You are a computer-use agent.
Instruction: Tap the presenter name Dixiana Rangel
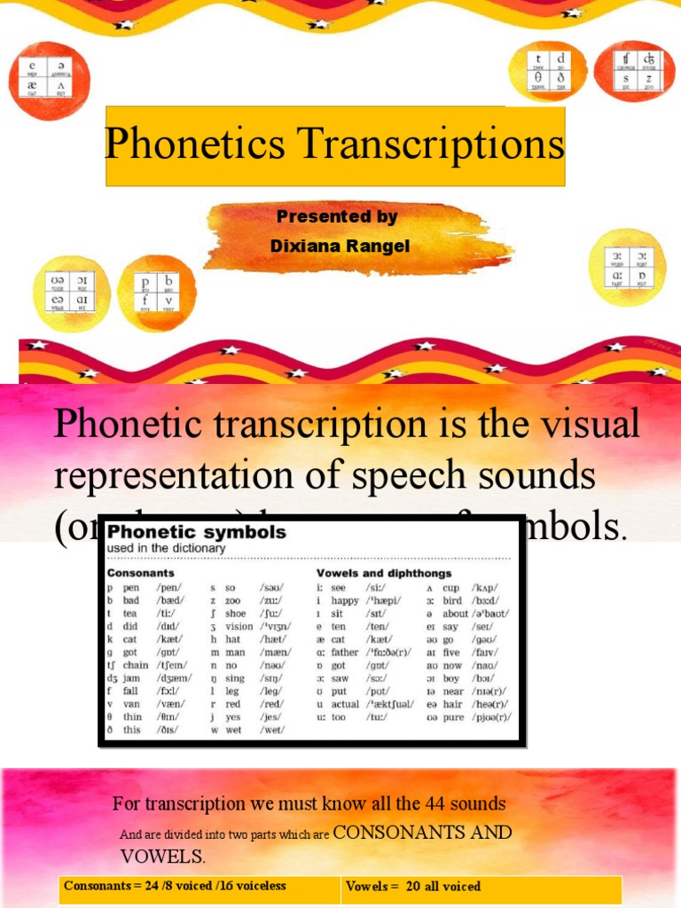click(x=340, y=247)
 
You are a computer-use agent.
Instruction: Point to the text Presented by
click(x=337, y=216)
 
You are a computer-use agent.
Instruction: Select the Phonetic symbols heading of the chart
click(x=197, y=532)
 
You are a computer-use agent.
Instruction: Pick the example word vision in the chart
click(x=239, y=626)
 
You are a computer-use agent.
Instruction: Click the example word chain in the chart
click(x=136, y=665)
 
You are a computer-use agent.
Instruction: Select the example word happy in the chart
click(x=345, y=600)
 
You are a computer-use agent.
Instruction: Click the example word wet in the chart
click(x=233, y=730)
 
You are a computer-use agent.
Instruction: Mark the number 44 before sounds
click(x=425, y=804)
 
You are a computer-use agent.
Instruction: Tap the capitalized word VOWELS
click(x=161, y=857)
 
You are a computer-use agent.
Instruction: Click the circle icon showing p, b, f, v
click(x=157, y=292)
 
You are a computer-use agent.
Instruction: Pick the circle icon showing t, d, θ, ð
click(x=548, y=71)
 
